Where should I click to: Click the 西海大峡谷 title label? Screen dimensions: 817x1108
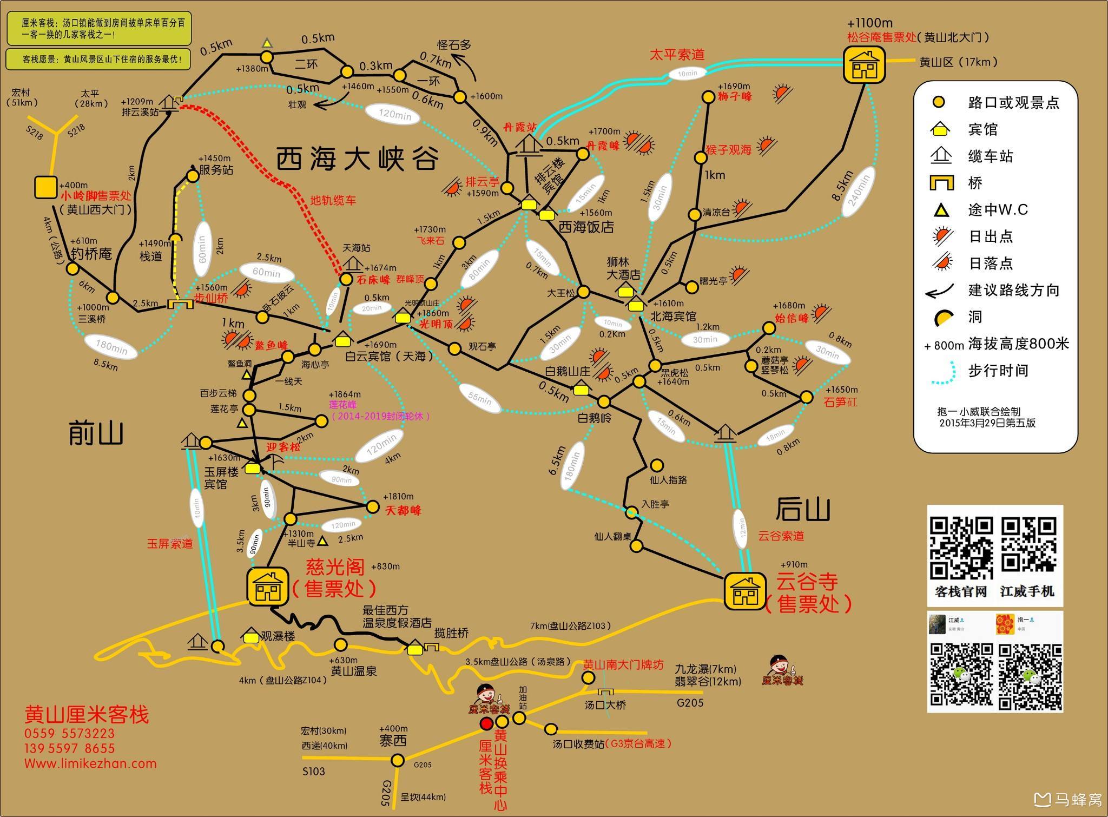click(x=357, y=159)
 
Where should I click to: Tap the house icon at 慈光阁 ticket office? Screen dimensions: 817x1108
click(x=267, y=585)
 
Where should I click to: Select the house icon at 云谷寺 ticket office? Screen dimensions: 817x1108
click(x=745, y=591)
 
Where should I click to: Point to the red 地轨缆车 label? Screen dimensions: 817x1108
click(x=333, y=201)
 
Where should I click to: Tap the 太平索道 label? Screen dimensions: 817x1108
click(x=677, y=55)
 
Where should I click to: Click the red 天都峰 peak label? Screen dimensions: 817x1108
click(x=403, y=510)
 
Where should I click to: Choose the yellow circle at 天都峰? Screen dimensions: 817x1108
click(x=372, y=507)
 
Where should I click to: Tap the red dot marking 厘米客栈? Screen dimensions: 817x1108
click(x=486, y=723)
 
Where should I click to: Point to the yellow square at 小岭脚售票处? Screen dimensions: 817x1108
click(x=45, y=187)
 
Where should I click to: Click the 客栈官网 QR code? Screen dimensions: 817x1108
click(x=961, y=548)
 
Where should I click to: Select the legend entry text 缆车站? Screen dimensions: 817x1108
click(x=990, y=157)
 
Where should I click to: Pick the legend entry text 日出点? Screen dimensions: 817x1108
click(x=990, y=236)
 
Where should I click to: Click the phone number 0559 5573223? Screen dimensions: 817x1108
click(x=70, y=734)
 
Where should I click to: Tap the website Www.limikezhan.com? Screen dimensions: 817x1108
click(x=90, y=763)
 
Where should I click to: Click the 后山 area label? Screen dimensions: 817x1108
click(x=802, y=509)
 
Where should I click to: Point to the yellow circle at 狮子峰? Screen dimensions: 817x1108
click(x=708, y=97)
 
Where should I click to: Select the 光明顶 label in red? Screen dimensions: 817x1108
click(x=436, y=325)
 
